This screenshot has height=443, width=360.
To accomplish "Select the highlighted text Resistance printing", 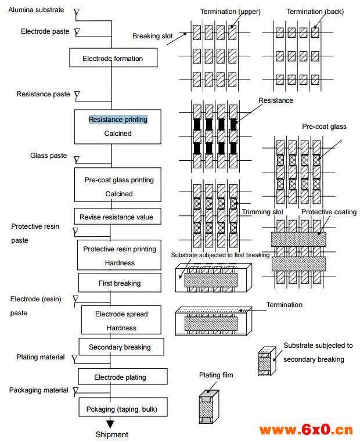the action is pos(118,120).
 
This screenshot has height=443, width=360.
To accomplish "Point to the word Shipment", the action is pos(112,434).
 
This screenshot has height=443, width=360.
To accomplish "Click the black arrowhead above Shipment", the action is pos(110,424).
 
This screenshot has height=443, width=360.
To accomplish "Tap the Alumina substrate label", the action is pos(36,10).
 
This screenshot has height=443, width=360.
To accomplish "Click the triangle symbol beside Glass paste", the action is pos(77,160).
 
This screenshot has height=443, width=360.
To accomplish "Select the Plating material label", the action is pos(41,357).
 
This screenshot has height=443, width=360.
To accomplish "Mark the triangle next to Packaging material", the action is pos(75,390).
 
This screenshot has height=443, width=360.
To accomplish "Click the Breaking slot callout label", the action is pos(152,36).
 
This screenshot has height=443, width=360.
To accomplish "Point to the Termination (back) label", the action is pos(315,12).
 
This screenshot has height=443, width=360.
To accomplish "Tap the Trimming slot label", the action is pos(262,212).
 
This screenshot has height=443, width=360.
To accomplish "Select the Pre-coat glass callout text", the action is pos(324,127).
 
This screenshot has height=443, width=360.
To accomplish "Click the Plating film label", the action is pos(216,375).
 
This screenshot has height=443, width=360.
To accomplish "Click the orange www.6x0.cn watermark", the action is pos(306,430).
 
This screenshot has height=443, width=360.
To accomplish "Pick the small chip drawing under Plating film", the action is pos(209,407).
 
